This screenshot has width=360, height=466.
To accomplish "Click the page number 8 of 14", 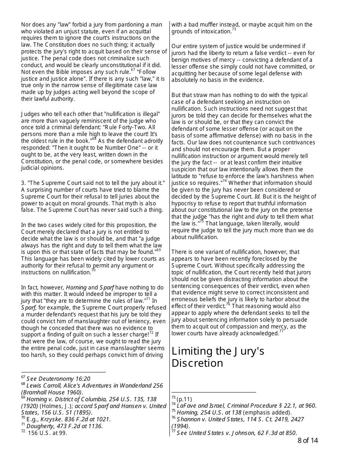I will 307,440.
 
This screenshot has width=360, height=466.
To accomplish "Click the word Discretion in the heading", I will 197,363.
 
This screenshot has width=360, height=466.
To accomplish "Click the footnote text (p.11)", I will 184,399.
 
